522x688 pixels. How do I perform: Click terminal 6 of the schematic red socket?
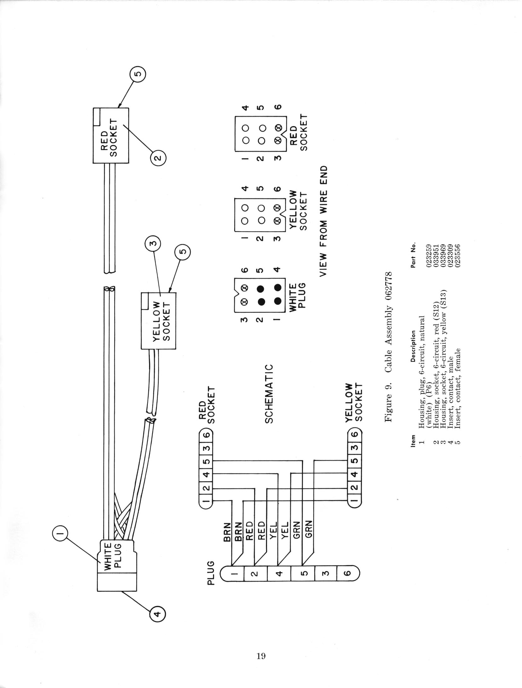coord(206,435)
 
